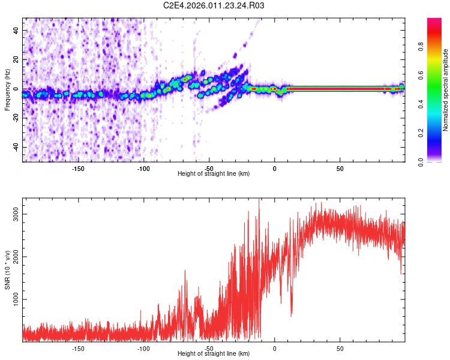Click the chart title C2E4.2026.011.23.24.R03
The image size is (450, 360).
coord(214,6)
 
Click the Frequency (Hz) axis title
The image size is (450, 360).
coord(7,90)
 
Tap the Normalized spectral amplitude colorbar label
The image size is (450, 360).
coord(446,90)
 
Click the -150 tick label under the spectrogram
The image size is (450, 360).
coord(78,168)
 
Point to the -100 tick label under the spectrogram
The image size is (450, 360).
coord(143,168)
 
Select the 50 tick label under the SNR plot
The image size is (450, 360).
coord(340,348)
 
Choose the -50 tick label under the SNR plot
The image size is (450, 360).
coord(209,348)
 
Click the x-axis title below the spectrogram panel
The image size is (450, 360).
coord(214,174)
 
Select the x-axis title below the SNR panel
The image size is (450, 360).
coord(214,354)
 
